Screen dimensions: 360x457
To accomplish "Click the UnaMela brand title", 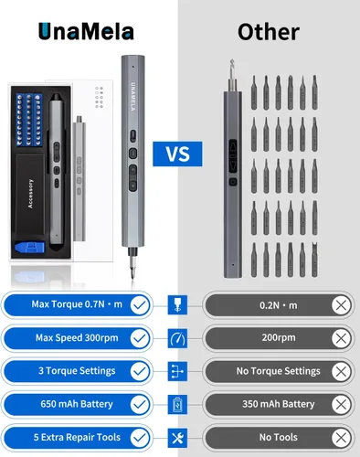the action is pos(86,32).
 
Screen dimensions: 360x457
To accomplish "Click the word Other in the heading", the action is pos(269,32).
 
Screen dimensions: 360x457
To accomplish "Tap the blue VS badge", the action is pos(177,154).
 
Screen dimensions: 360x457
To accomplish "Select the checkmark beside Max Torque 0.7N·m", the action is pos(140,305).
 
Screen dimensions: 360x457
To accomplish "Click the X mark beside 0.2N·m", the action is pos(341,305).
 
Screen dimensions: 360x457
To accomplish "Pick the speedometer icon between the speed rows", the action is pos(177,338).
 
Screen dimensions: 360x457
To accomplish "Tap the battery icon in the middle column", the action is pos(177,405).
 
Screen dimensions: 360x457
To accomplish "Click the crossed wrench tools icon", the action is pos(177,438).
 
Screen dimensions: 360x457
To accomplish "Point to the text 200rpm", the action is pos(279,337).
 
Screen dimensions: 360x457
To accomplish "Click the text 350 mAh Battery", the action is pos(279,404).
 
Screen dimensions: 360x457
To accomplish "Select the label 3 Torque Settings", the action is pos(77,371).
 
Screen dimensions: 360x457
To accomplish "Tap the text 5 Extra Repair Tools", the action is pos(77,437).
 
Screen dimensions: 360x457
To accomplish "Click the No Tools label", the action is pos(279,437).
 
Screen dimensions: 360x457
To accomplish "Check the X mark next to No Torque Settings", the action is pos(341,371).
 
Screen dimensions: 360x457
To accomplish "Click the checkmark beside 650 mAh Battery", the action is pos(140,405).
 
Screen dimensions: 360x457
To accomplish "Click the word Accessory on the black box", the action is pos(30,194).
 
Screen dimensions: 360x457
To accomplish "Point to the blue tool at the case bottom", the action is pos(30,248).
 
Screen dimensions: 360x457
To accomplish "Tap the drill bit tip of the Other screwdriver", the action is pos(232,61).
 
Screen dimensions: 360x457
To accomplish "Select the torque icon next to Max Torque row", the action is pos(177,305).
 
